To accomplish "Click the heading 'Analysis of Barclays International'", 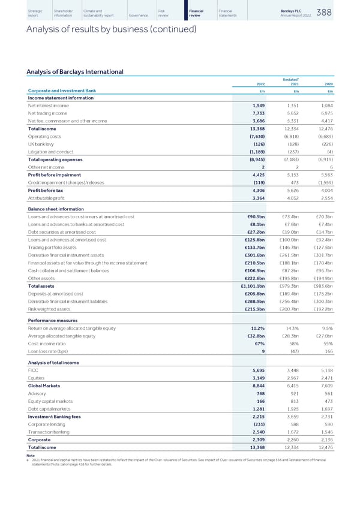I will point(75,73).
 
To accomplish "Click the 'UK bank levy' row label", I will point(41,144).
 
